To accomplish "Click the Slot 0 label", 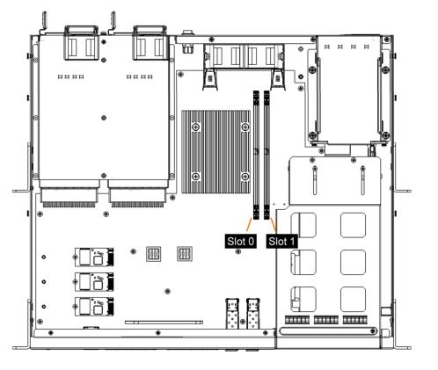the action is point(240,242).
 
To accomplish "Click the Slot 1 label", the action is point(281,242).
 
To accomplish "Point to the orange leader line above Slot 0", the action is point(249,225).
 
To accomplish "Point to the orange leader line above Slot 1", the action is point(273,225).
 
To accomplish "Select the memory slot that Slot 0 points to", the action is point(256,155).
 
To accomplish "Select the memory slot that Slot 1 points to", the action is point(266,155).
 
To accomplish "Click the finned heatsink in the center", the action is point(216,151).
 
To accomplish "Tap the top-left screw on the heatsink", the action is point(196,127).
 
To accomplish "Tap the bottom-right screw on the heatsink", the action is point(245,177).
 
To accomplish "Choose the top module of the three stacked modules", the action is point(94,257).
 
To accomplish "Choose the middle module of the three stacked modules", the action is point(94,282).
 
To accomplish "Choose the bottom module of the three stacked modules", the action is point(94,307).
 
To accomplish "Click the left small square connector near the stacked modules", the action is point(154,254).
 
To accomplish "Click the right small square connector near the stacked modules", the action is point(185,254).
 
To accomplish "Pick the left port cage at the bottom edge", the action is point(232,314).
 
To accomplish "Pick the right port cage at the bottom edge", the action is point(253,314).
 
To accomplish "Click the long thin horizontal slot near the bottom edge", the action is point(164,323).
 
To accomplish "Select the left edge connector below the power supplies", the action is point(69,198).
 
